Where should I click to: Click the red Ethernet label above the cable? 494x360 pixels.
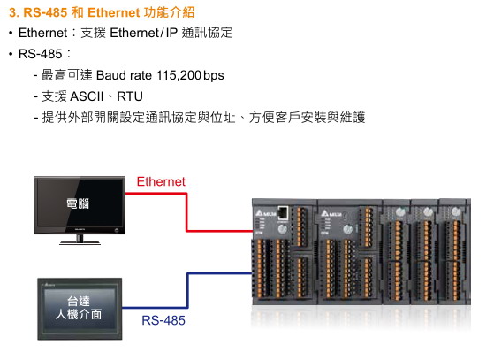coord(161,181)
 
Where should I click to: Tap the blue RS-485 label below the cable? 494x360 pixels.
coord(163,320)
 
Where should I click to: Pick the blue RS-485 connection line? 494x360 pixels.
coord(187,289)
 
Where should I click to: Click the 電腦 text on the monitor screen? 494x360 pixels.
coord(78,203)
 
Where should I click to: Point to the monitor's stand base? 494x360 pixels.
coord(80,242)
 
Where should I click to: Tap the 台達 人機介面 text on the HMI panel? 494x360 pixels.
coord(79,308)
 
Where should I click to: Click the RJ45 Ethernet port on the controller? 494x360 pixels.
coord(283,212)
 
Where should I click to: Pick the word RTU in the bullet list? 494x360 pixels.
coord(130,96)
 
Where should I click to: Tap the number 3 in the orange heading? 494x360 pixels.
coord(12,12)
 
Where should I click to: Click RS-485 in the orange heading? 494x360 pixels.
coord(45,12)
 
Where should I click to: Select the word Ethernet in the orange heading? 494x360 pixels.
coord(113,12)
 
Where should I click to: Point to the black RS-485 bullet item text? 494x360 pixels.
coord(40,54)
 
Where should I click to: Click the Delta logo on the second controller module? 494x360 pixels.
coord(331,214)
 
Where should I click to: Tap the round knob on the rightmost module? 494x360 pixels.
coord(456,211)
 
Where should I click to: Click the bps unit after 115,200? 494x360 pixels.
coord(214,76)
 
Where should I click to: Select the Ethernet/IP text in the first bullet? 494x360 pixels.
coord(144,33)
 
